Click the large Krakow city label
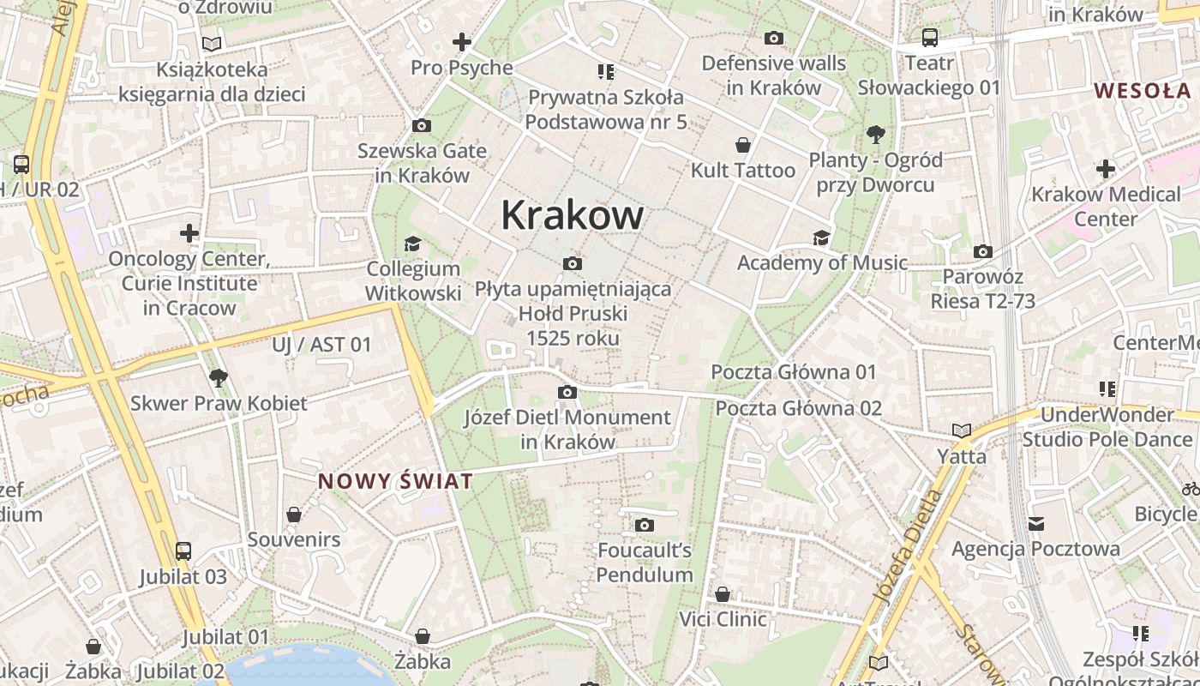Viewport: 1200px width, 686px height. coord(572,214)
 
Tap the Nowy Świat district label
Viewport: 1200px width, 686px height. coord(395,481)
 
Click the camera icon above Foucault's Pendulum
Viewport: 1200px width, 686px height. coord(645,525)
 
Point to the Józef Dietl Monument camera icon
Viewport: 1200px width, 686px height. coord(567,393)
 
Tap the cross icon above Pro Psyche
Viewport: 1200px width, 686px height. coord(462,41)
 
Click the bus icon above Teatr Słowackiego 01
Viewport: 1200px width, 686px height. coord(930,37)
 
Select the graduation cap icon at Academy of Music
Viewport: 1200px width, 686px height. coord(822,238)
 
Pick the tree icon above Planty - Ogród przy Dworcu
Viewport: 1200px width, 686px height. coord(875,134)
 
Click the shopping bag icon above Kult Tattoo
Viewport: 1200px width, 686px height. coord(743,145)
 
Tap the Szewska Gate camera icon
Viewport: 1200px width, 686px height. coord(422,125)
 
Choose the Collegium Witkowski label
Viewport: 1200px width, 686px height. coord(413,281)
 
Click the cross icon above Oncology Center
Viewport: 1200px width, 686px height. coord(189,232)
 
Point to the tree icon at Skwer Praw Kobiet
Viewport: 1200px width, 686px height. coord(219,377)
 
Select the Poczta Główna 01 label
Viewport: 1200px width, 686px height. coord(794,372)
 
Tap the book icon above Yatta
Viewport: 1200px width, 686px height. coord(962,430)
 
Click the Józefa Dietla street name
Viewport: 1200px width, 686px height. coord(909,544)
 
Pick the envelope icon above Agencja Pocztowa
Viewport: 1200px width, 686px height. coord(1036,523)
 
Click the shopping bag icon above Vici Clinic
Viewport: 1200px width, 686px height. coord(723,594)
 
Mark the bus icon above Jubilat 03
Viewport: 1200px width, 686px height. coord(183,551)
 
